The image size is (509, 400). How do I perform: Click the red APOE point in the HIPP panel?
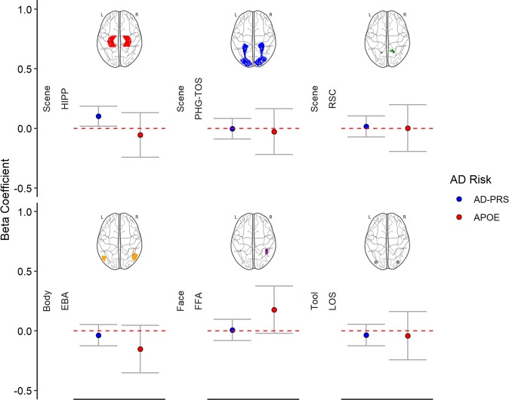click(x=140, y=135)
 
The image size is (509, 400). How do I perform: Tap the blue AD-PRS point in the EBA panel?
click(x=99, y=335)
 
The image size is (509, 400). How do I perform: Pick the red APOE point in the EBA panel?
click(x=140, y=349)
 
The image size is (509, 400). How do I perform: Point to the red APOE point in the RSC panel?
click(x=408, y=128)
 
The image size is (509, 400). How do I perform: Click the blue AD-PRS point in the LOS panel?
click(x=366, y=335)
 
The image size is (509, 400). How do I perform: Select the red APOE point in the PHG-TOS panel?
click(x=274, y=132)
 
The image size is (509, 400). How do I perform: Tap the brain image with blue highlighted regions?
click(x=253, y=42)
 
